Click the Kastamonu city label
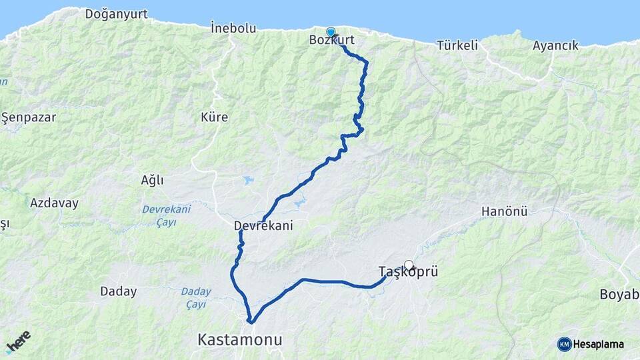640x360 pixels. [240, 340]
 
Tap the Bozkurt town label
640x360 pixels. [332, 41]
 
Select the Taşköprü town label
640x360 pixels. [407, 272]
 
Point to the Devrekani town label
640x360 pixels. [263, 226]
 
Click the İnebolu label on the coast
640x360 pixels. [233, 28]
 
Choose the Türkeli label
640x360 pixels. [458, 45]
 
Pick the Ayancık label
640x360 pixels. [555, 45]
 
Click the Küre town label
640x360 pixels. [214, 117]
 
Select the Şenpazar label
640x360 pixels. [28, 117]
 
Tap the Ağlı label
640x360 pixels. [152, 180]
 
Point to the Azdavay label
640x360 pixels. [54, 203]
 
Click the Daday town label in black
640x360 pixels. [118, 291]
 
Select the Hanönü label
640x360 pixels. [504, 212]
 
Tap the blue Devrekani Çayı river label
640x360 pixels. [166, 215]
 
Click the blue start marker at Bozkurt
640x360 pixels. [331, 32]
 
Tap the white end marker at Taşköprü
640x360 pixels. [409, 265]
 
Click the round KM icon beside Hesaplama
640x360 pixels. [565, 344]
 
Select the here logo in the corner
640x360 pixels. [19, 341]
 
